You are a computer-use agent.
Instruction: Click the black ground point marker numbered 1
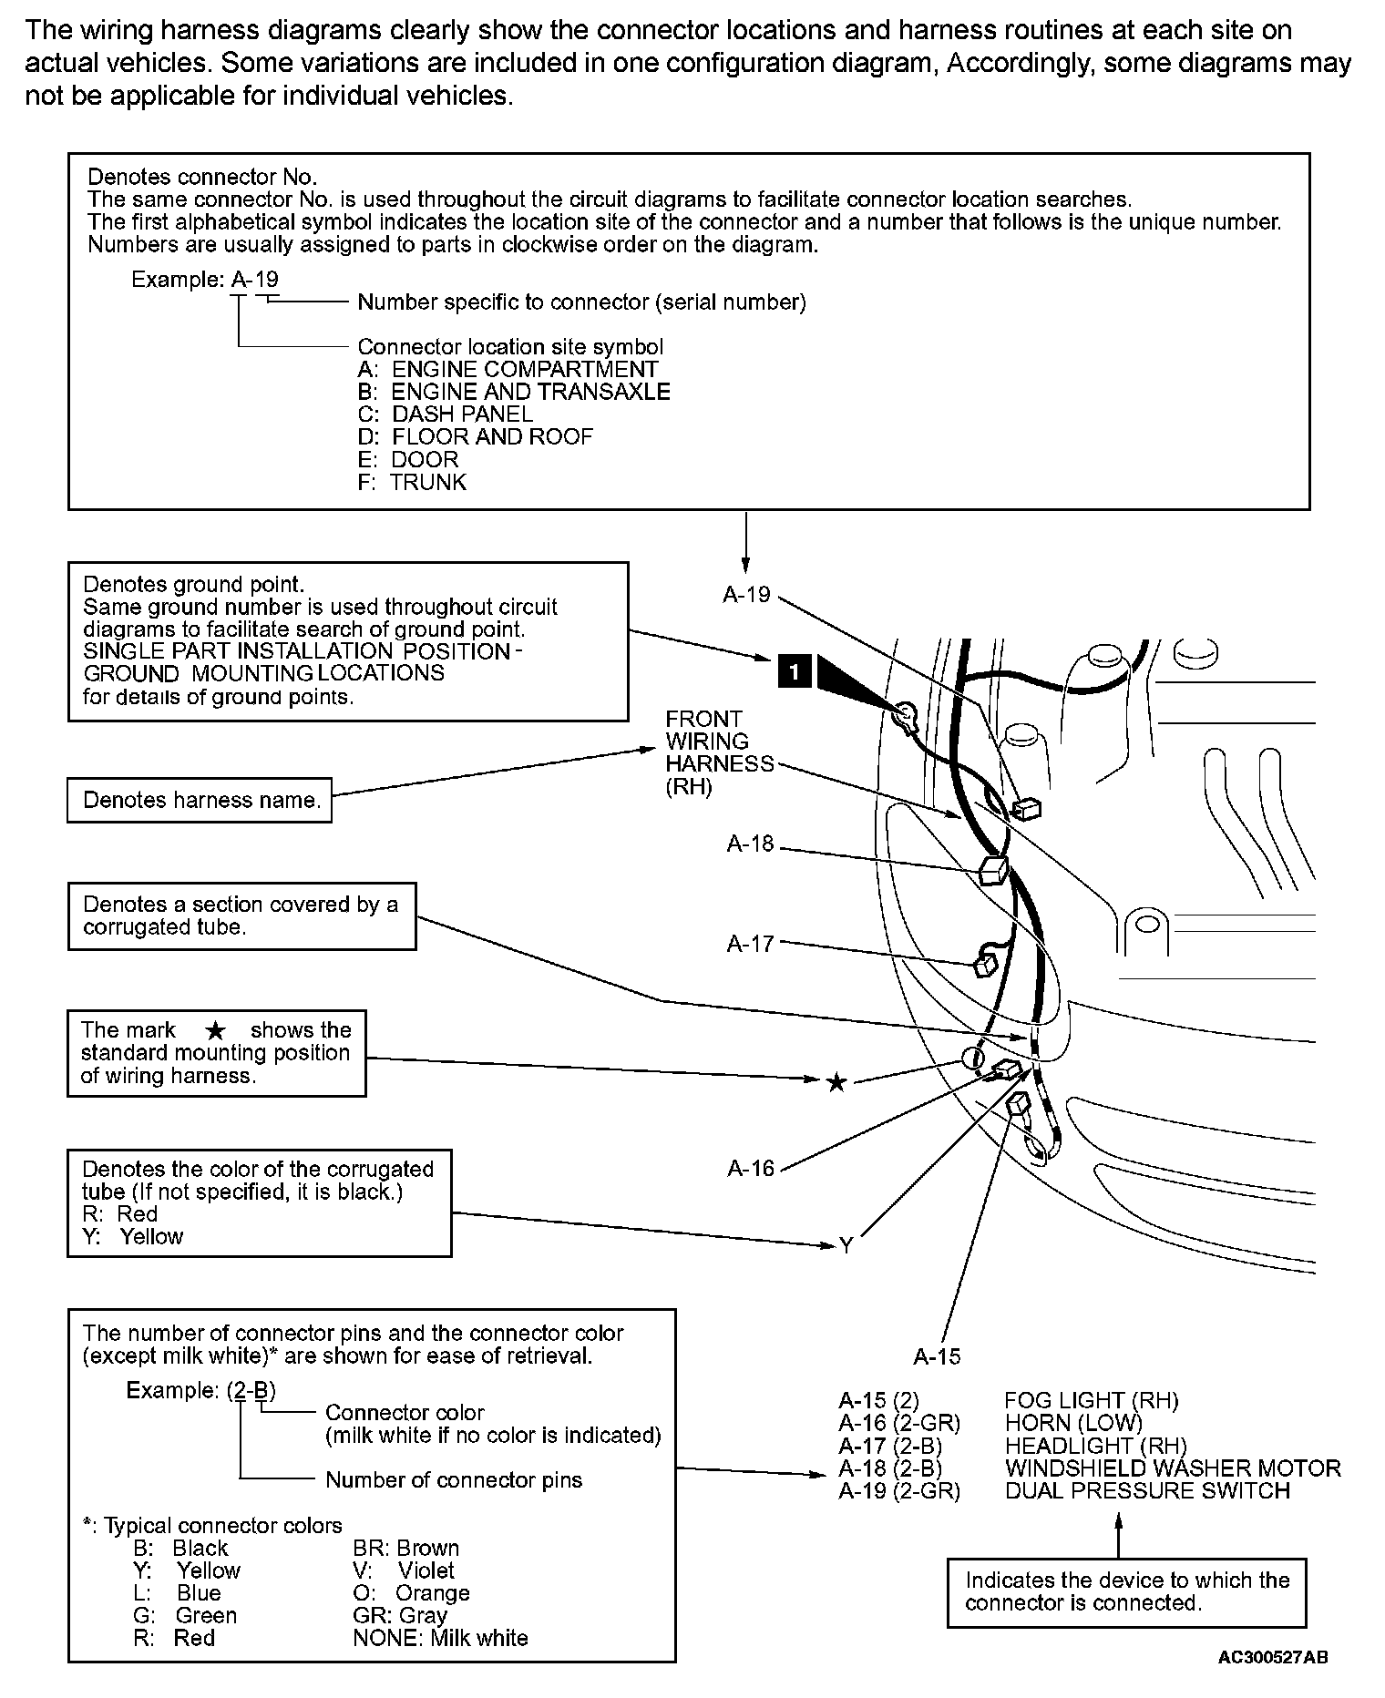pos(795,672)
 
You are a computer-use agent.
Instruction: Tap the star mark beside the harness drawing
pos(836,1082)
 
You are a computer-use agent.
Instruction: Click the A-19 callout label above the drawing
pos(746,595)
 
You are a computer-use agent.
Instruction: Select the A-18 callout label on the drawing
pos(750,844)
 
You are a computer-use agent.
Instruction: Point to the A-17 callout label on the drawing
pos(750,945)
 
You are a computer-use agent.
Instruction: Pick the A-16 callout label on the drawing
pos(751,1169)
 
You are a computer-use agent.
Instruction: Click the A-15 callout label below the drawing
pos(937,1357)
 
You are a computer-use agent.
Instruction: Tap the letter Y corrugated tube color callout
pos(846,1245)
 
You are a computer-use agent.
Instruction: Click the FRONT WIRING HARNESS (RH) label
pos(719,752)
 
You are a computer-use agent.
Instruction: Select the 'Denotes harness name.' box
pos(200,800)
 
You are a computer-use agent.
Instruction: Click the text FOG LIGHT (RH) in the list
pos(1091,1401)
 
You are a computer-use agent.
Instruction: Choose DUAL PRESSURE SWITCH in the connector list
pos(1147,1491)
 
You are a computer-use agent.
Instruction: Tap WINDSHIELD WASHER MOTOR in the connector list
pos(1172,1468)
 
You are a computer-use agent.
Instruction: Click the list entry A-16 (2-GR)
pos(899,1423)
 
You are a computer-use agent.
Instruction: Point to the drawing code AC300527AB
pos(1272,1657)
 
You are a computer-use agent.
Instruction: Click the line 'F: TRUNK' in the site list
pos(412,482)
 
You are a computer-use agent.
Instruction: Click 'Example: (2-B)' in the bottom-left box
pos(200,1391)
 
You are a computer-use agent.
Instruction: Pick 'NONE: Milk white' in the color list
pos(440,1638)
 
